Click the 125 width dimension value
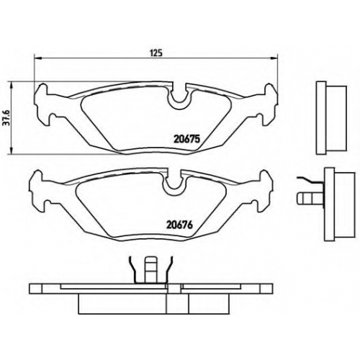click(156, 53)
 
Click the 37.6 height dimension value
click(4, 118)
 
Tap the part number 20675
click(186, 139)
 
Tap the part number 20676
click(180, 225)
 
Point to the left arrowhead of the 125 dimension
click(38, 58)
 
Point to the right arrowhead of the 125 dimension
click(274, 58)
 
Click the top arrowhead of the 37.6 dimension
click(11, 85)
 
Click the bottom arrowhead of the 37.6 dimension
click(11, 150)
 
